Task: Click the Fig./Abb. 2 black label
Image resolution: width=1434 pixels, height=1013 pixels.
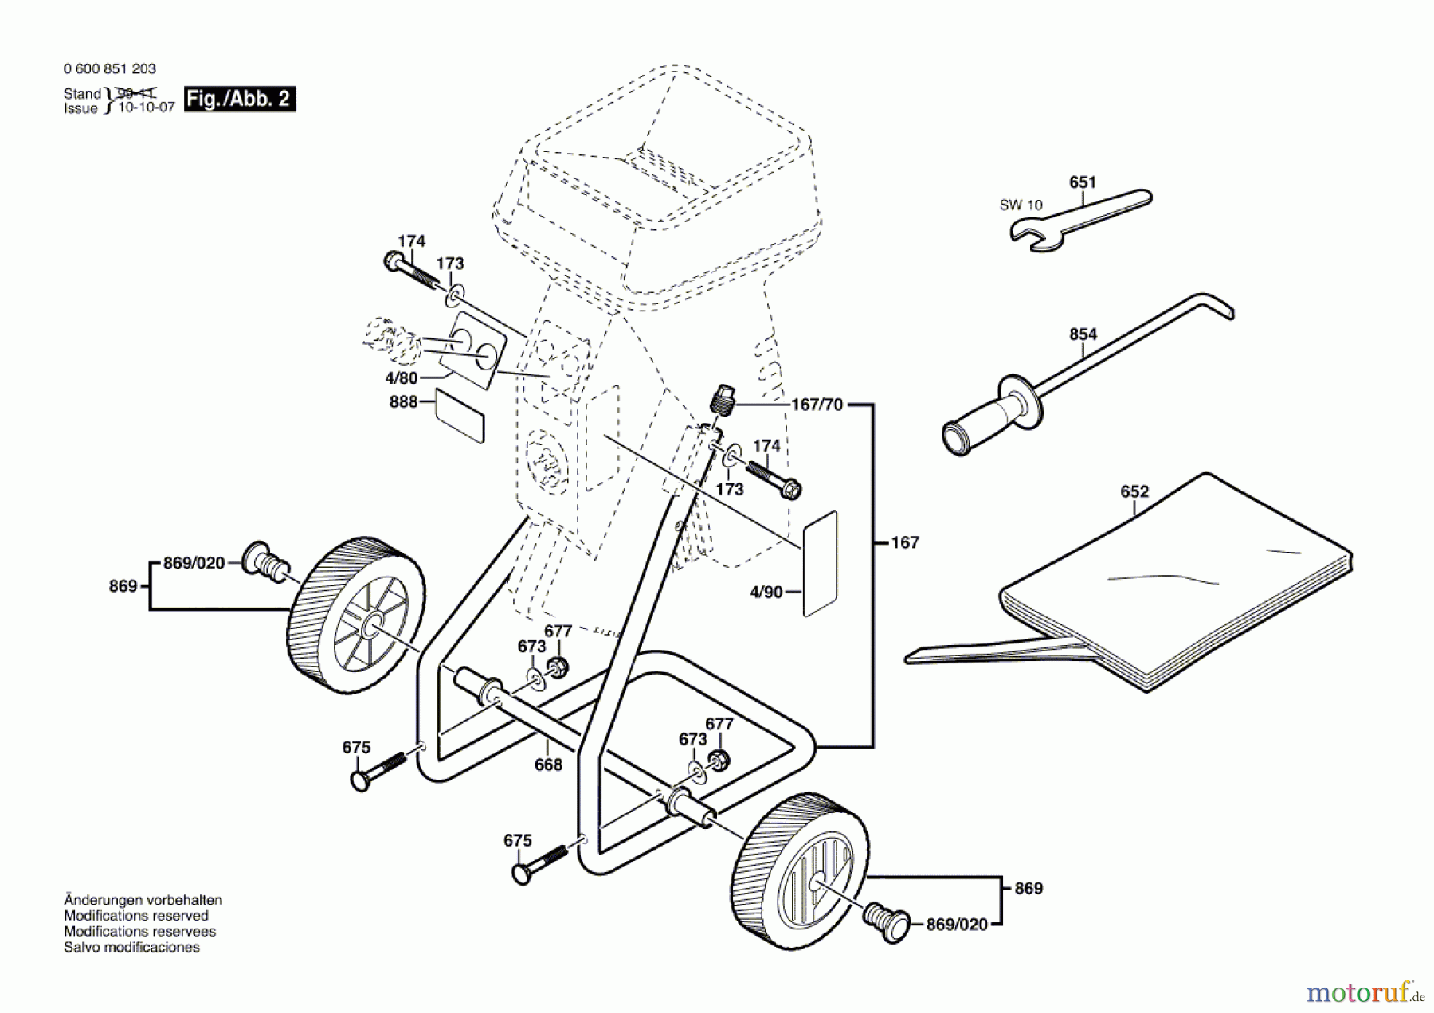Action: coord(239,99)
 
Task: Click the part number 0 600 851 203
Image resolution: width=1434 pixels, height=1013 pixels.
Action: coord(110,69)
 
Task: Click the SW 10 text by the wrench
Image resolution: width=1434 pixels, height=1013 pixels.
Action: coord(1021,205)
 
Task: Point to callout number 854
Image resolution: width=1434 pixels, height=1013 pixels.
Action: coord(1083,334)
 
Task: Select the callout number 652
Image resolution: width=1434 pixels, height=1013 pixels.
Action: coord(1134,492)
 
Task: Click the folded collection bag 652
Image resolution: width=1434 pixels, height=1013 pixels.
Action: coord(1179,589)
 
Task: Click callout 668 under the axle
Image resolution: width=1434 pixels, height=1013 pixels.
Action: coord(548,765)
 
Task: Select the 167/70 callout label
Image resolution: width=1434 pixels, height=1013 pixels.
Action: coord(817,405)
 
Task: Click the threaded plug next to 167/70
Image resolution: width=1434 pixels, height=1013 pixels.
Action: coord(723,401)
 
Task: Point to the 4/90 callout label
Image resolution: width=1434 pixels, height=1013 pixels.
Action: coord(766,592)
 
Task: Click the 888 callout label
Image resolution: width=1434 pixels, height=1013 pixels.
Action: coord(403,402)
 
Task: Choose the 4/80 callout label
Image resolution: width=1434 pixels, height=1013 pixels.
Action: coord(401,378)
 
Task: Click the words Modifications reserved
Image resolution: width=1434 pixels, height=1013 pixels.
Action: coord(136,916)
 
